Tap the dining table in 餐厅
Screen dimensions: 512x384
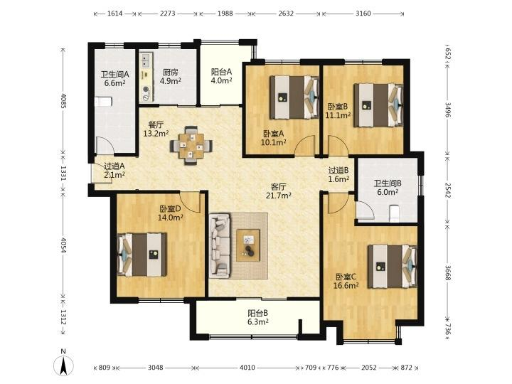point(191,145)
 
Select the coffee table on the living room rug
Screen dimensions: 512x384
point(248,245)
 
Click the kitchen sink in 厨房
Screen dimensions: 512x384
point(145,60)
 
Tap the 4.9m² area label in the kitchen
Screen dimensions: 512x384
point(171,80)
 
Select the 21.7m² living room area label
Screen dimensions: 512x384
point(279,196)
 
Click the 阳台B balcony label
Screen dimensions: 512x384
point(257,313)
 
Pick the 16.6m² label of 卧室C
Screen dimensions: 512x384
point(346,286)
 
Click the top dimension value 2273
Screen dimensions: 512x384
point(168,14)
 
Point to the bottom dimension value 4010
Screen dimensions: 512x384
point(247,368)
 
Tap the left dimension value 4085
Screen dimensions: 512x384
point(63,101)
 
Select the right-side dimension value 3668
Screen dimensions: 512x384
point(448,272)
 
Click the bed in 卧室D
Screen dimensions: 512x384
point(142,255)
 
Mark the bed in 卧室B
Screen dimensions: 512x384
point(378,105)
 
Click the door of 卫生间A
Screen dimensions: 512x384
point(104,146)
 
